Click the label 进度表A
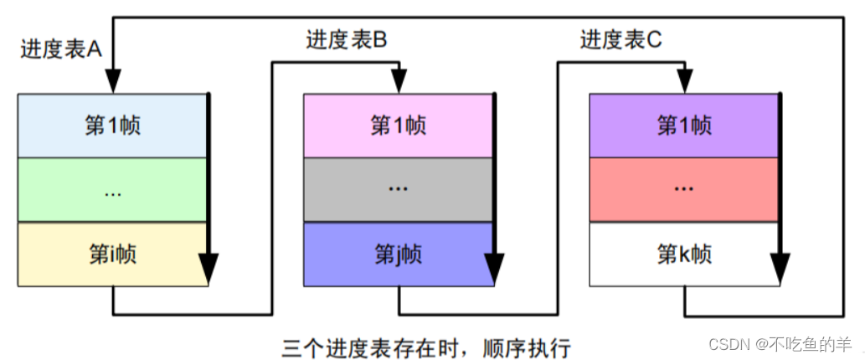[61, 49]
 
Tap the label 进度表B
[346, 39]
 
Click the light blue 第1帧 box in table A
[112, 126]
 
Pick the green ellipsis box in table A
[112, 190]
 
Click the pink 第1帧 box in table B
[398, 126]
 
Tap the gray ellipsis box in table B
[398, 190]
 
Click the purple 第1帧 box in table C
[684, 126]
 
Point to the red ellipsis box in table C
[684, 190]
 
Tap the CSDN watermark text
[780, 344]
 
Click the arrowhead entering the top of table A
[113, 80]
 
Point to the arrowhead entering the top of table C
[685, 80]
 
